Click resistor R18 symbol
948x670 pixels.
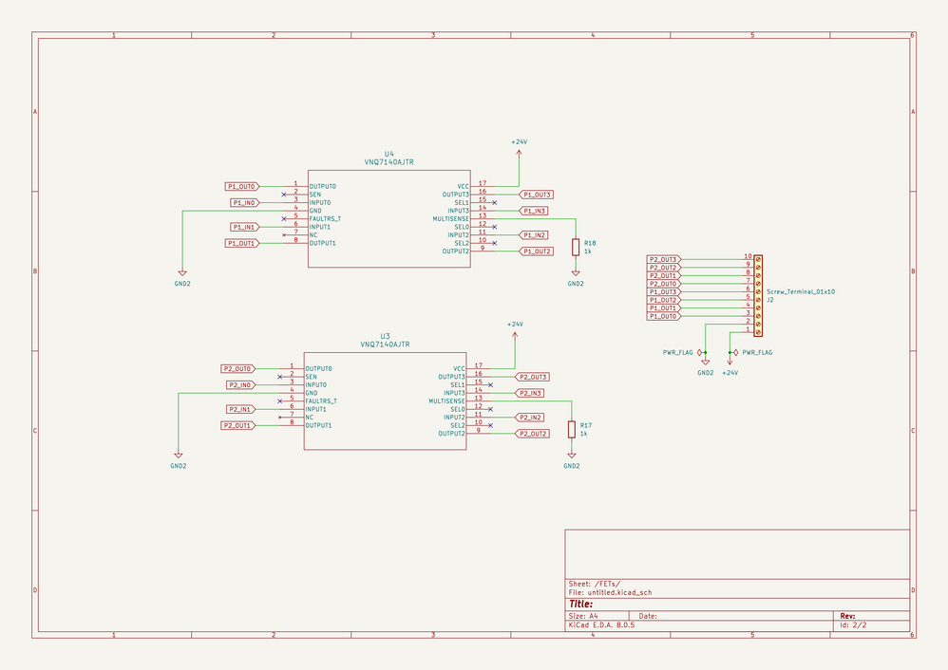[576, 247]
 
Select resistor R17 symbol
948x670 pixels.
[571, 429]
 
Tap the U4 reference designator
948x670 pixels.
[389, 154]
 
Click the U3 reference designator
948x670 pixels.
[385, 336]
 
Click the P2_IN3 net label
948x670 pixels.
[529, 393]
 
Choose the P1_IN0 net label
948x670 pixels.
[243, 202]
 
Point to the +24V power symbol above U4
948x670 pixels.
[519, 142]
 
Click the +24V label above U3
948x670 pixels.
[515, 325]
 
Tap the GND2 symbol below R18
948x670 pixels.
[576, 283]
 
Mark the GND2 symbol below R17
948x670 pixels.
[571, 465]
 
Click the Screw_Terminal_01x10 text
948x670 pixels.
[800, 291]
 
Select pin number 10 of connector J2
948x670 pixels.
[748, 256]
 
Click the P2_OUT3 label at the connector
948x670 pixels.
[663, 259]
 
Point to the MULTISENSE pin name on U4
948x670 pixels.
[451, 218]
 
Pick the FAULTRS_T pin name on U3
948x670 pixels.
[321, 401]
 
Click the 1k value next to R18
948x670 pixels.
[588, 251]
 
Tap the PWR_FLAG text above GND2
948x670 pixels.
[678, 352]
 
